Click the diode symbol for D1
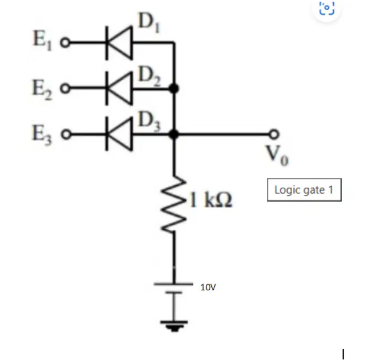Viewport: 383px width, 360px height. pyautogui.click(x=119, y=43)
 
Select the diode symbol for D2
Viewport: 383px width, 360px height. pyautogui.click(x=119, y=89)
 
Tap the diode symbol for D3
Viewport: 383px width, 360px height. pyautogui.click(x=119, y=134)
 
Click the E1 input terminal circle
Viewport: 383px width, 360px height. pyautogui.click(x=65, y=43)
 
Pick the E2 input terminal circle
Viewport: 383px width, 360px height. pyautogui.click(x=65, y=89)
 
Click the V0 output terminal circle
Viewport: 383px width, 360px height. pyautogui.click(x=274, y=134)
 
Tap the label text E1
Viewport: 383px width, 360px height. pyautogui.click(x=43, y=41)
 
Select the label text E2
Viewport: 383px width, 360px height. pyautogui.click(x=43, y=90)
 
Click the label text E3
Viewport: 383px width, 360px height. pyautogui.click(x=42, y=135)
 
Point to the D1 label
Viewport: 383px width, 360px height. pyautogui.click(x=149, y=23)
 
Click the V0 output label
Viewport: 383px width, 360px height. pyautogui.click(x=277, y=156)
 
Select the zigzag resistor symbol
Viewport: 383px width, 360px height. pyautogui.click(x=174, y=203)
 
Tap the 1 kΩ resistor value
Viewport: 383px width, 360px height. pyautogui.click(x=210, y=200)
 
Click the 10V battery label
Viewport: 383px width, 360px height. pyautogui.click(x=208, y=287)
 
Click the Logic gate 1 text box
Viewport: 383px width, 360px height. pyautogui.click(x=304, y=190)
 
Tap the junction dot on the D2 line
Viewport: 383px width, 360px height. pyautogui.click(x=174, y=89)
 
